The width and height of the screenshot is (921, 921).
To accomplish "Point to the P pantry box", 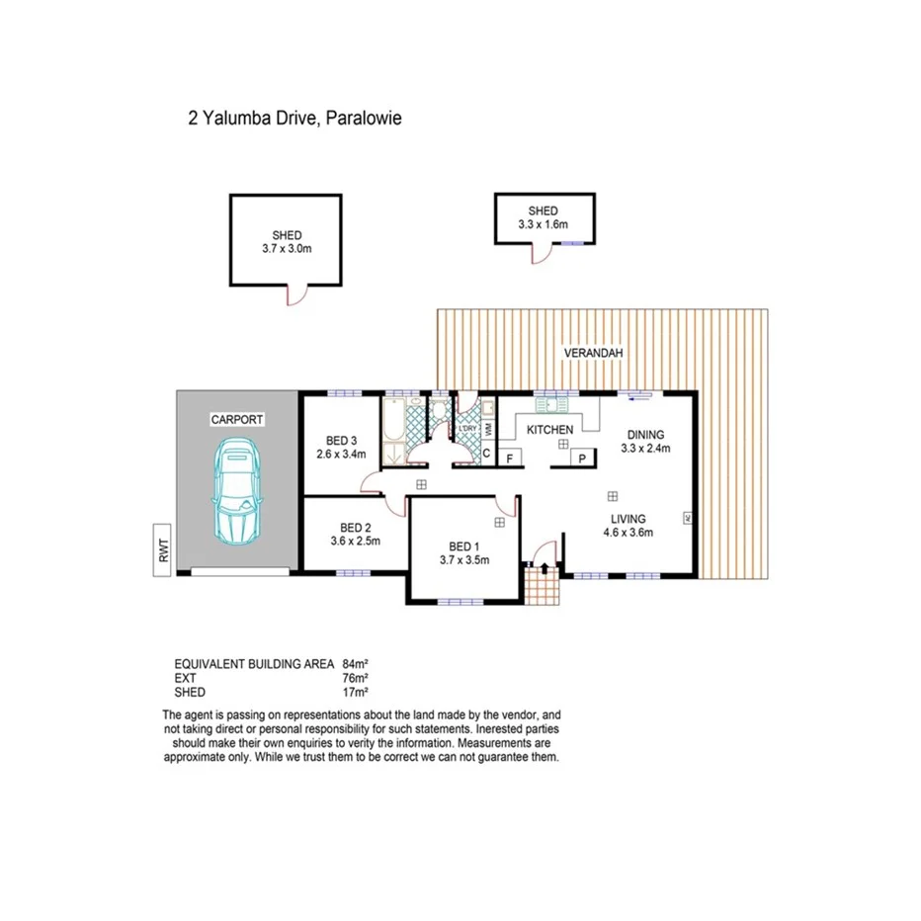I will coord(583,459).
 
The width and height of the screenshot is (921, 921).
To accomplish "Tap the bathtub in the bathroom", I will coord(393,425).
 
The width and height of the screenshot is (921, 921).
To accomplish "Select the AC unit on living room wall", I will coord(687,518).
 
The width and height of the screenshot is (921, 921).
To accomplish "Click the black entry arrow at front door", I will coord(542,562).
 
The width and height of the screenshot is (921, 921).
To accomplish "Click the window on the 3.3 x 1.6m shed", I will coord(573,242).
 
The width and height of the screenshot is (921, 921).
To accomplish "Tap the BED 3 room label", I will coord(341,441).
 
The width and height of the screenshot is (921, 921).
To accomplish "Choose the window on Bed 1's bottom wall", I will coord(460,602).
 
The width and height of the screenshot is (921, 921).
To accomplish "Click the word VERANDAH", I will coord(593,353).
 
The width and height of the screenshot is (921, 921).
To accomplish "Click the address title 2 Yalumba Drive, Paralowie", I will coord(294,118).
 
